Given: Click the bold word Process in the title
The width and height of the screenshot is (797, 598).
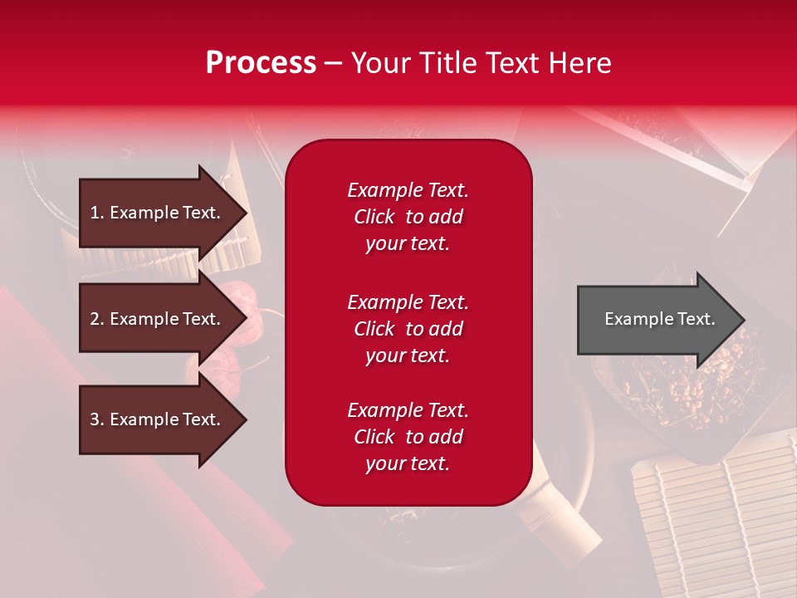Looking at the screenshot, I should click(x=261, y=63).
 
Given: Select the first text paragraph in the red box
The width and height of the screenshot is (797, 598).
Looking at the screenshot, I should click(x=408, y=217).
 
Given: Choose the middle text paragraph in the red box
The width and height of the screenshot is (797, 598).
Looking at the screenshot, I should click(x=408, y=329).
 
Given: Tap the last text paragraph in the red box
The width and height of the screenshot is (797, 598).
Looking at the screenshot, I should click(x=408, y=437).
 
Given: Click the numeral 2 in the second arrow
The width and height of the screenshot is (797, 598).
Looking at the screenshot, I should click(x=95, y=319).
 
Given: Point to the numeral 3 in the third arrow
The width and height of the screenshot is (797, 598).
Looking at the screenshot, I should click(x=95, y=419).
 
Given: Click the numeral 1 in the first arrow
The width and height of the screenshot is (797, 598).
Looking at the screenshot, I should click(x=94, y=213).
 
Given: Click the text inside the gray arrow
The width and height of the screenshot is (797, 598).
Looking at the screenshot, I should click(x=659, y=319).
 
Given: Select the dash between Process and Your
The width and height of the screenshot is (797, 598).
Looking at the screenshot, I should click(x=333, y=64).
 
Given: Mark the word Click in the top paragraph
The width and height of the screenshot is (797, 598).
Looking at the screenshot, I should click(x=374, y=217).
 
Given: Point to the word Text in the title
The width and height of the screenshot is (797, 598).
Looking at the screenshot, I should click(x=511, y=63).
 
